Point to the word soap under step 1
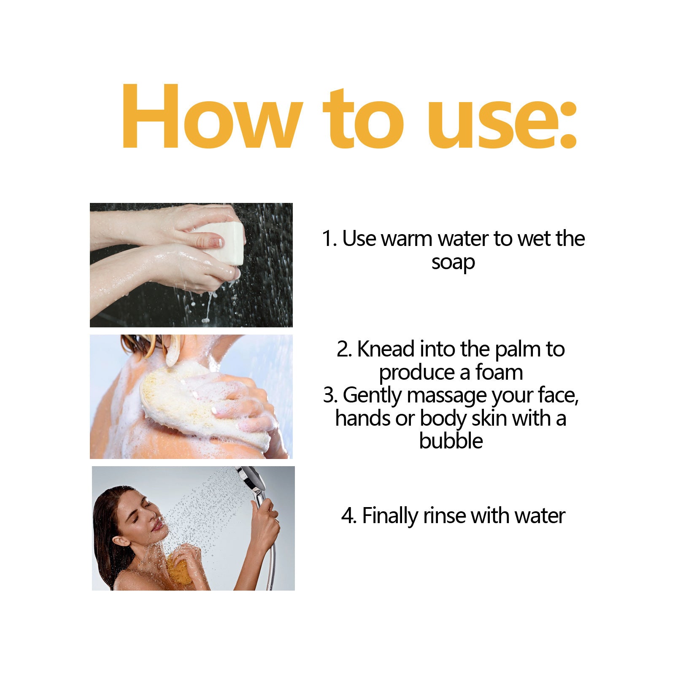pos(453,262)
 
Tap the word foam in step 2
pos(499,373)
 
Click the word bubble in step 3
pos(451,441)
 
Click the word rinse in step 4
pos(445,516)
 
